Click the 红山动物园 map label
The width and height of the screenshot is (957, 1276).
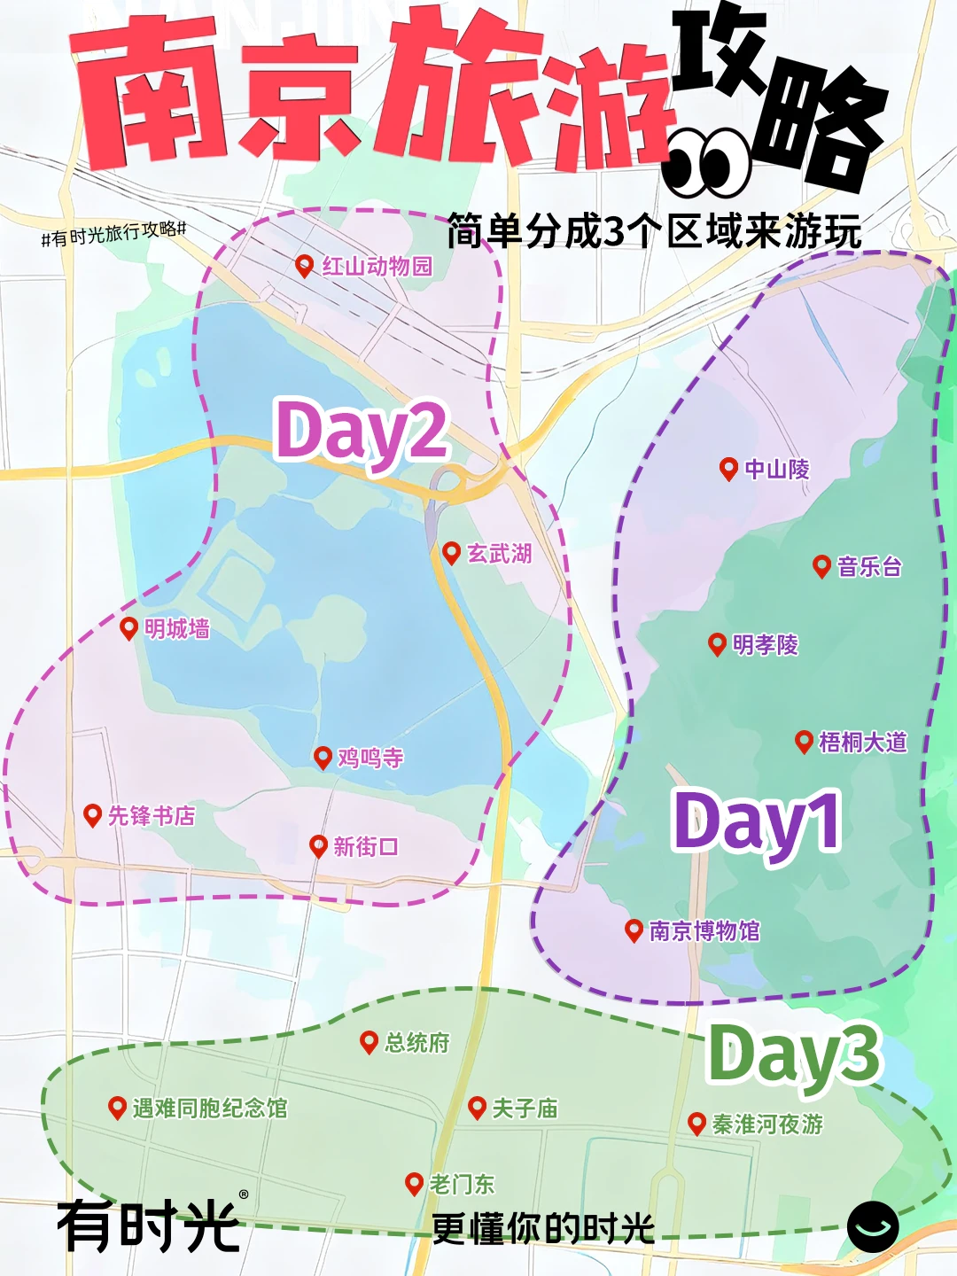[377, 266]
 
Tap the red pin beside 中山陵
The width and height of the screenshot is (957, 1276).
[728, 468]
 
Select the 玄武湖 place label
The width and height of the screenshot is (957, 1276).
[500, 554]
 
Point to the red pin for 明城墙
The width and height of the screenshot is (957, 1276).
[129, 627]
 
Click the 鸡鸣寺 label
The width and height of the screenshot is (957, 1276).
[370, 759]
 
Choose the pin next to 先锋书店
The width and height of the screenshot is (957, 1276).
[92, 814]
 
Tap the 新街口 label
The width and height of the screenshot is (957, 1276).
[366, 847]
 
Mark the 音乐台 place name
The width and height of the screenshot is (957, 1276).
[869, 567]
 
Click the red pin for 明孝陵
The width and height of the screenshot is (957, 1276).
[718, 643]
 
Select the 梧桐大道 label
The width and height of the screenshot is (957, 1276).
[863, 743]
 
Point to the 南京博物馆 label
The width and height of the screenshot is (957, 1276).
[704, 931]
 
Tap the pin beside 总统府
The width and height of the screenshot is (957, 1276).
[370, 1042]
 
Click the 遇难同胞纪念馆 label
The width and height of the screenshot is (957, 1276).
[210, 1109]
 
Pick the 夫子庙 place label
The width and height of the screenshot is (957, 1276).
[525, 1109]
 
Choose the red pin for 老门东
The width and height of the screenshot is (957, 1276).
[414, 1183]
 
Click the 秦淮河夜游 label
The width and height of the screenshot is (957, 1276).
[767, 1124]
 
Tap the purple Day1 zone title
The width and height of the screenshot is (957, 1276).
[757, 822]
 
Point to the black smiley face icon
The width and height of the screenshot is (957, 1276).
[873, 1227]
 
